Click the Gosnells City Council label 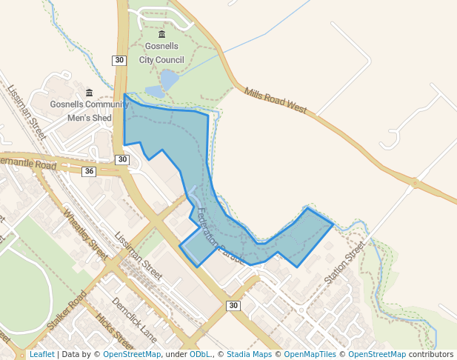[x=164, y=53]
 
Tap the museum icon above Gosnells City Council [x=163, y=35]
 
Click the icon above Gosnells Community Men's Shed [x=89, y=93]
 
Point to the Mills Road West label [x=275, y=99]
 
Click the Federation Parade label [x=220, y=238]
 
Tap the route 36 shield [x=89, y=172]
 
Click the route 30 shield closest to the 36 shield [x=122, y=159]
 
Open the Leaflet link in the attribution [x=41, y=355]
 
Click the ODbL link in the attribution [x=200, y=355]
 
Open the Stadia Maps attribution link [x=249, y=355]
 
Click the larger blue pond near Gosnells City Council [x=169, y=78]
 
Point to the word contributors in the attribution [x=430, y=355]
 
